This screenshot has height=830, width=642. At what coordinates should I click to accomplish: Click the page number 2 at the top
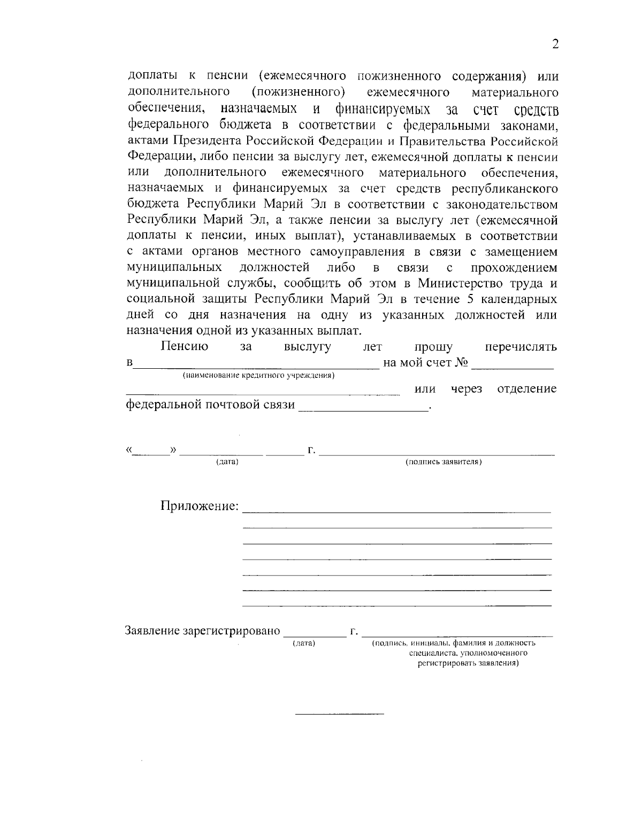point(555,44)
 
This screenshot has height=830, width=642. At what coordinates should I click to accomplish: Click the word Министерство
point(473,283)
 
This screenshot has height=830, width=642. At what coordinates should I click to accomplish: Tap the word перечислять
point(521,347)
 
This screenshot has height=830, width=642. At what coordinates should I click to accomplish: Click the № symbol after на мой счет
point(462,363)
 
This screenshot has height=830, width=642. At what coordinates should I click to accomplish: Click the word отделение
point(527,389)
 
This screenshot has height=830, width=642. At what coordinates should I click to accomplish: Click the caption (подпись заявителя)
point(444,462)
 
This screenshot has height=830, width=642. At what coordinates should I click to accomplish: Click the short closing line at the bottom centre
point(340,714)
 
